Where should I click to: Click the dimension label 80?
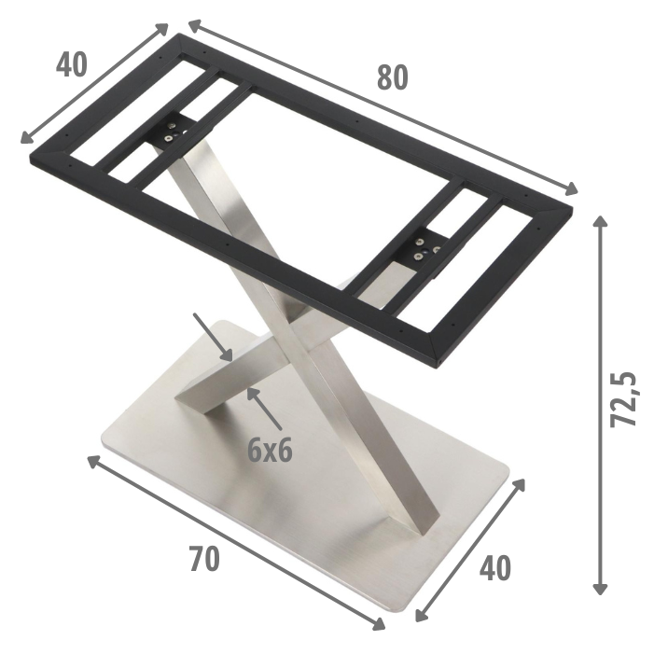point(392,79)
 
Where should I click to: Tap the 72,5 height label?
point(623,399)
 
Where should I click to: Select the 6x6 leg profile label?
point(270,451)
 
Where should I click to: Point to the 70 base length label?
point(203,559)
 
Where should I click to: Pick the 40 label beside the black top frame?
point(71,65)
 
